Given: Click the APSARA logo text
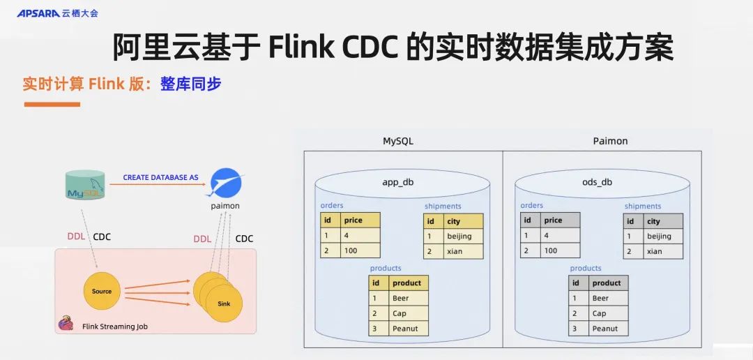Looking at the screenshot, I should click(38, 13).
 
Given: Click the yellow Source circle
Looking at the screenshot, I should click(101, 291).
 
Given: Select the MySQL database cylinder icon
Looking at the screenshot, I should click(86, 185).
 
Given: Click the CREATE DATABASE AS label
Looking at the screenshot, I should click(160, 177).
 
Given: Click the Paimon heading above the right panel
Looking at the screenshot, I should click(610, 141).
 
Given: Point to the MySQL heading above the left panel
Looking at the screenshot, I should click(398, 141).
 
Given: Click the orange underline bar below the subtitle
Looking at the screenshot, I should click(52, 105).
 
